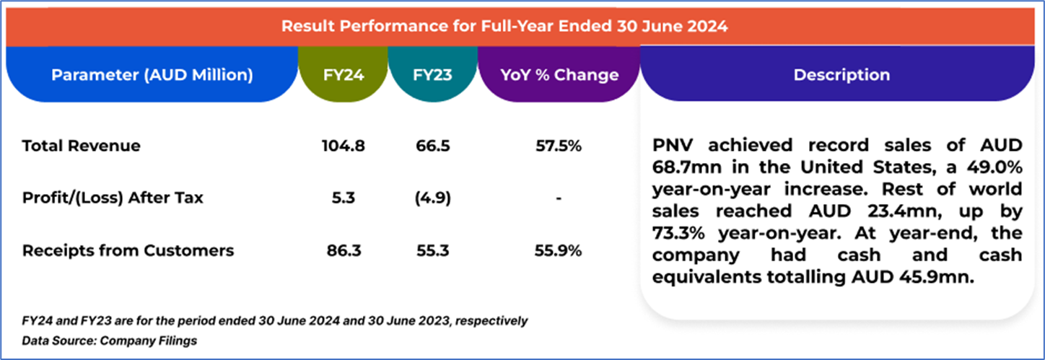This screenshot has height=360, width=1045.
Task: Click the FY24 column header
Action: pos(343,74)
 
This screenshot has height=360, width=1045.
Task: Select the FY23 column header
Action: pos(432,74)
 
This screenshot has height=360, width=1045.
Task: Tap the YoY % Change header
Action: pos(559,74)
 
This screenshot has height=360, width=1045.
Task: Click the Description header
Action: pos(841,74)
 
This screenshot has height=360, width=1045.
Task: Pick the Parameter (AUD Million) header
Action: pos(152,74)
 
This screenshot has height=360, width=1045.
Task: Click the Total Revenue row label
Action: pos(82,146)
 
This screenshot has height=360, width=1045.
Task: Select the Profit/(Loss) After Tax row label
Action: pos(113,198)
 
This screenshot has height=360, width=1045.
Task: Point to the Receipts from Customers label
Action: pos(128,250)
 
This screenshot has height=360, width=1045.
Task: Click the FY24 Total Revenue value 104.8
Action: pos(344,146)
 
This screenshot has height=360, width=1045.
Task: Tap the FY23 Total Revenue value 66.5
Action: pos(433,146)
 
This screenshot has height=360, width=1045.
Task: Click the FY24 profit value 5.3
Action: pos(344,198)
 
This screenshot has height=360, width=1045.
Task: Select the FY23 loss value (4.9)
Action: pos(433,198)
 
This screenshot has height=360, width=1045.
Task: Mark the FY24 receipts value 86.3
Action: pos(344,250)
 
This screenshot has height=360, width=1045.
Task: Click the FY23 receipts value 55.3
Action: pos(433,250)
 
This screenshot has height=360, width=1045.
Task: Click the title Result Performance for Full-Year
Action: pos(504,27)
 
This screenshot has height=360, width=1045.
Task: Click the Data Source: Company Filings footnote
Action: pos(110,340)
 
